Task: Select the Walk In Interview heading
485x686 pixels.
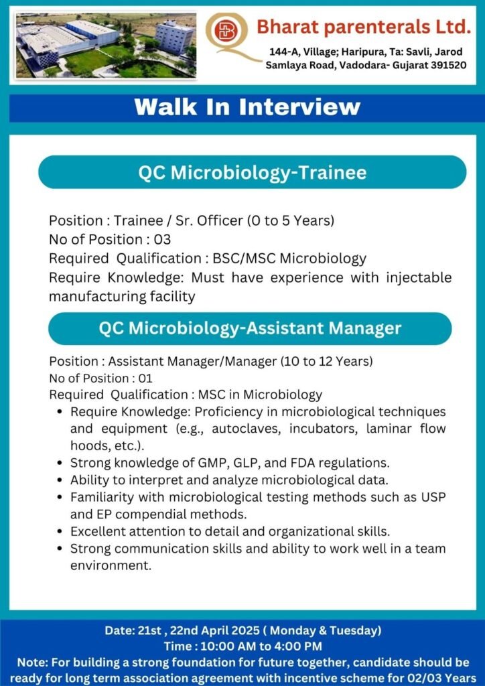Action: pyautogui.click(x=248, y=107)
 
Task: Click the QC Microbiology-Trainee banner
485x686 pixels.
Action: pyautogui.click(x=253, y=172)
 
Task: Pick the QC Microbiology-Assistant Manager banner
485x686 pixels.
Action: pyautogui.click(x=250, y=328)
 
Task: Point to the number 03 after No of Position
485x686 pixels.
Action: pyautogui.click(x=162, y=240)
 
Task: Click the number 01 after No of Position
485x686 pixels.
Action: pyautogui.click(x=145, y=379)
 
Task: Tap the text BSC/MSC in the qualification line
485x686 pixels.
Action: pyautogui.click(x=244, y=259)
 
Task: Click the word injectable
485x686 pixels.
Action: pyautogui.click(x=419, y=278)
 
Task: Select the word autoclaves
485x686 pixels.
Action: pyautogui.click(x=245, y=429)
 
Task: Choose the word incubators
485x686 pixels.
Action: pyautogui.click(x=322, y=429)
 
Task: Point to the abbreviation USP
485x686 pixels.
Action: pyautogui.click(x=433, y=497)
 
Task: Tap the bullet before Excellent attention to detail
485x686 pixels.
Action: pyautogui.click(x=60, y=531)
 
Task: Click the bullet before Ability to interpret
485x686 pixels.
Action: pyautogui.click(x=60, y=480)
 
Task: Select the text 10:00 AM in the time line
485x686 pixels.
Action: pyautogui.click(x=228, y=646)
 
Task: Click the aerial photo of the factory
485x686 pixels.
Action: pyautogui.click(x=107, y=45)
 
